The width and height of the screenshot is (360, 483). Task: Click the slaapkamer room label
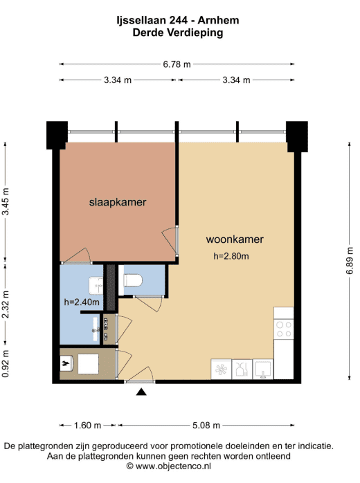[x=118, y=202]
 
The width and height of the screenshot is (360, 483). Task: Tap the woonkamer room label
[x=235, y=239]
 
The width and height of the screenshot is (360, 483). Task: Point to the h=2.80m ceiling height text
[x=231, y=256]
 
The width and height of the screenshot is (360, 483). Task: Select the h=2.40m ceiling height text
[x=82, y=302]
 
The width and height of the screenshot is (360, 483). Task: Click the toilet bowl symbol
[x=133, y=280]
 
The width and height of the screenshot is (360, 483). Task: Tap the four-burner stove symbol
[x=284, y=329]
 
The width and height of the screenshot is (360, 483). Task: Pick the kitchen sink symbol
[x=263, y=369]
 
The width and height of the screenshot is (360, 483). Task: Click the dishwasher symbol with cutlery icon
[x=242, y=369]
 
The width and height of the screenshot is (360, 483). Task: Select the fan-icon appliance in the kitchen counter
[x=221, y=369]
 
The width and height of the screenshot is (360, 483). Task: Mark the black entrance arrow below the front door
[x=141, y=392]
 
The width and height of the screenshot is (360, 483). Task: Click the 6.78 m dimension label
[x=177, y=64]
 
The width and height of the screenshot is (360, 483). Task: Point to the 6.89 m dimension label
[x=350, y=261]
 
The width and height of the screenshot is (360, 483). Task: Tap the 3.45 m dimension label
[x=6, y=201]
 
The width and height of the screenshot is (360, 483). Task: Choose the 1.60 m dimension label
[x=87, y=426]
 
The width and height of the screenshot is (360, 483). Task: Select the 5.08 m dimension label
[x=206, y=426]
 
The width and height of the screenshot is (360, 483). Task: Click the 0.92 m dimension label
[x=6, y=363]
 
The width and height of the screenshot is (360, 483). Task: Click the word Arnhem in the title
[x=218, y=20]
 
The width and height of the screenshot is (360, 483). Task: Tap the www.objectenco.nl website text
[x=173, y=466]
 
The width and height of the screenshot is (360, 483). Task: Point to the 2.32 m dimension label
[x=6, y=304]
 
